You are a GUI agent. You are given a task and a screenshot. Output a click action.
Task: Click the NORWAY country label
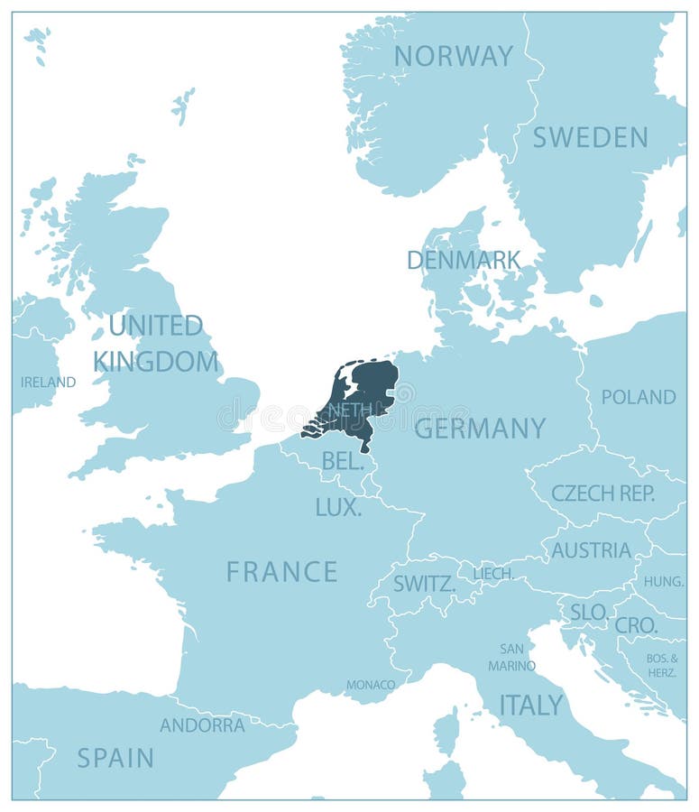pos(453,56)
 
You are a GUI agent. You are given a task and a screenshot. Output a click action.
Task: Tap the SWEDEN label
pos(590,137)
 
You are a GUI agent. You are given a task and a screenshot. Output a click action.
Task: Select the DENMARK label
pos(464,260)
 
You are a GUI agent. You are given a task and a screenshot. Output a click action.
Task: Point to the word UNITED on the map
pos(156,325)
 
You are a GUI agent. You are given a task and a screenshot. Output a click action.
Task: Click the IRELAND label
pos(48,382)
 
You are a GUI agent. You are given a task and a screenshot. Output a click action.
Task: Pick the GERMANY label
pos(480,428)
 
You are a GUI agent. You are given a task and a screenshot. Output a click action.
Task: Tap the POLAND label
pos(639,396)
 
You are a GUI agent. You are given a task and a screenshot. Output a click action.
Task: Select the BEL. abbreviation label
pos(343,461)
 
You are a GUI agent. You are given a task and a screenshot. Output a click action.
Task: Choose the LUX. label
pos(338,507)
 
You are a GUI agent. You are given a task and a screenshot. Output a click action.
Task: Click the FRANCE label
pos(281,571)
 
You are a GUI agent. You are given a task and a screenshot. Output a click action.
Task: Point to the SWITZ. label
pos(423,584)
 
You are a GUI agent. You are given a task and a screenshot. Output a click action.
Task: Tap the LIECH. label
pos(493,573)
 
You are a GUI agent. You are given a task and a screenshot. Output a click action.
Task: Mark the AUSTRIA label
pos(591,549)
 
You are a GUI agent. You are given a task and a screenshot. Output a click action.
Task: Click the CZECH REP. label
pos(603,493)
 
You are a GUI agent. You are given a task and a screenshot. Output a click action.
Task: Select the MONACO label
pos(371,685)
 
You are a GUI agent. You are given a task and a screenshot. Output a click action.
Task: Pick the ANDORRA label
pos(202,724)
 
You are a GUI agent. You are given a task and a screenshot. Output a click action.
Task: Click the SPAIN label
pos(115,757)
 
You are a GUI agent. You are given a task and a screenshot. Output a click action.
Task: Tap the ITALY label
pos(531,705)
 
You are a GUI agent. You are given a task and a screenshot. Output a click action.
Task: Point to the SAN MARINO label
pos(511,657)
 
